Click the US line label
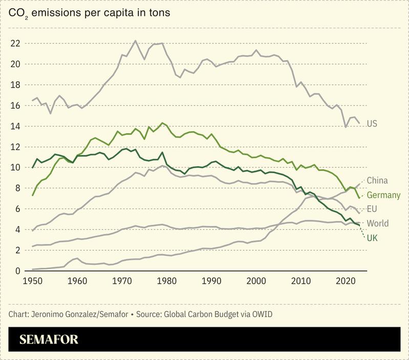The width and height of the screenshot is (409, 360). click(372, 124)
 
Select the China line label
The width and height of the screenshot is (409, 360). click(377, 180)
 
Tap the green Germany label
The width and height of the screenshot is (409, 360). click(383, 195)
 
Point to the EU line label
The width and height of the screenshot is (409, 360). click(372, 209)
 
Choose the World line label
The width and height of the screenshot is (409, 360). click(378, 223)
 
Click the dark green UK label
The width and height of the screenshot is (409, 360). click(372, 238)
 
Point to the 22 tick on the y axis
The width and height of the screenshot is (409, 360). click(15, 44)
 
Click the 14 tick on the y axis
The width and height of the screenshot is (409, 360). click(15, 126)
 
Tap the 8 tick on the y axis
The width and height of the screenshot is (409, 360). click(17, 188)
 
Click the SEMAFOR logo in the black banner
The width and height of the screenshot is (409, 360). click(49, 340)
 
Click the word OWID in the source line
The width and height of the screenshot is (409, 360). click(261, 313)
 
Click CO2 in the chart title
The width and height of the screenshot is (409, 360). click(18, 12)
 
